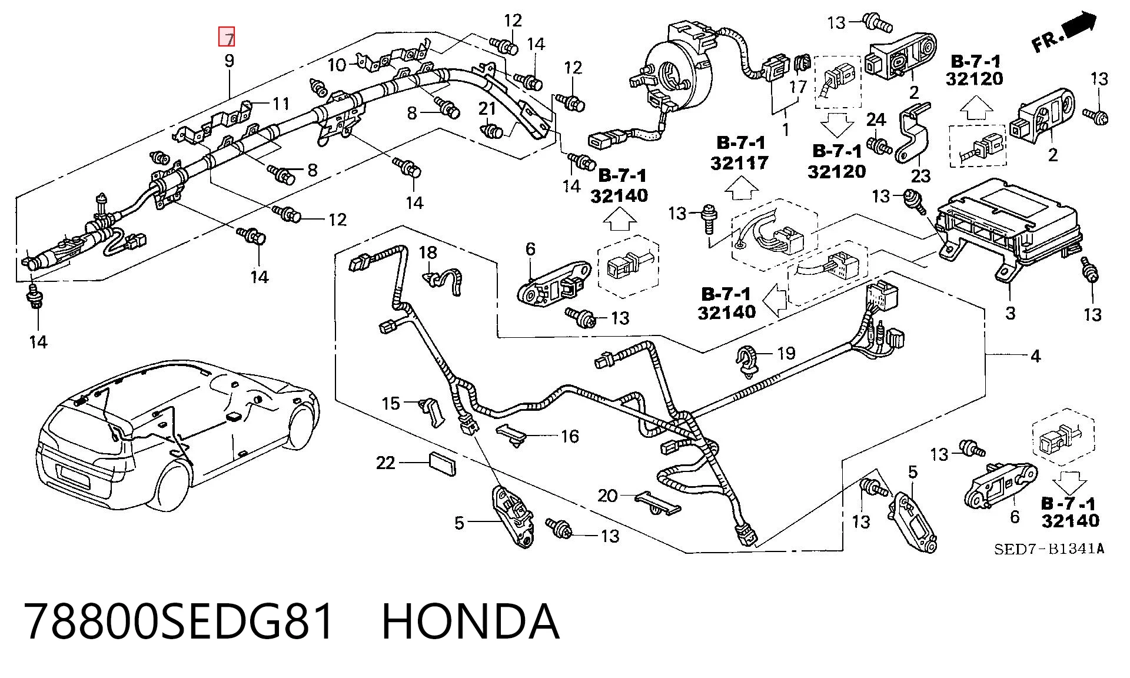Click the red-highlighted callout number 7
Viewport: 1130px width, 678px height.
[227, 37]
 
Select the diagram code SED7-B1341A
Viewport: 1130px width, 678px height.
[1049, 549]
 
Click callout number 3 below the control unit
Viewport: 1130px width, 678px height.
[1010, 313]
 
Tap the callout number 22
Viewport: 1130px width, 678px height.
[385, 463]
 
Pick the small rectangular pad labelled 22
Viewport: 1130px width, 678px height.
[441, 463]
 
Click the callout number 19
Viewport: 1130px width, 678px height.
[786, 353]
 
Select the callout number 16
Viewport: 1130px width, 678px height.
[570, 436]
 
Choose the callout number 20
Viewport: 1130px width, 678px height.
[607, 496]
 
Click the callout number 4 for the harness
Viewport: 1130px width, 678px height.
[1035, 355]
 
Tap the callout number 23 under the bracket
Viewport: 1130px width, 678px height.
[921, 175]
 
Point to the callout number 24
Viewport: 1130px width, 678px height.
[876, 120]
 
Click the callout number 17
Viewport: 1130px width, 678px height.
[798, 87]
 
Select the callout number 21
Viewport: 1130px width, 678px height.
[487, 108]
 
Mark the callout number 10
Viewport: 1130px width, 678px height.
[337, 65]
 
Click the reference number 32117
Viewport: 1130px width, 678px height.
[739, 162]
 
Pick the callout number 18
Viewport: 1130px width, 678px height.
[428, 252]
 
